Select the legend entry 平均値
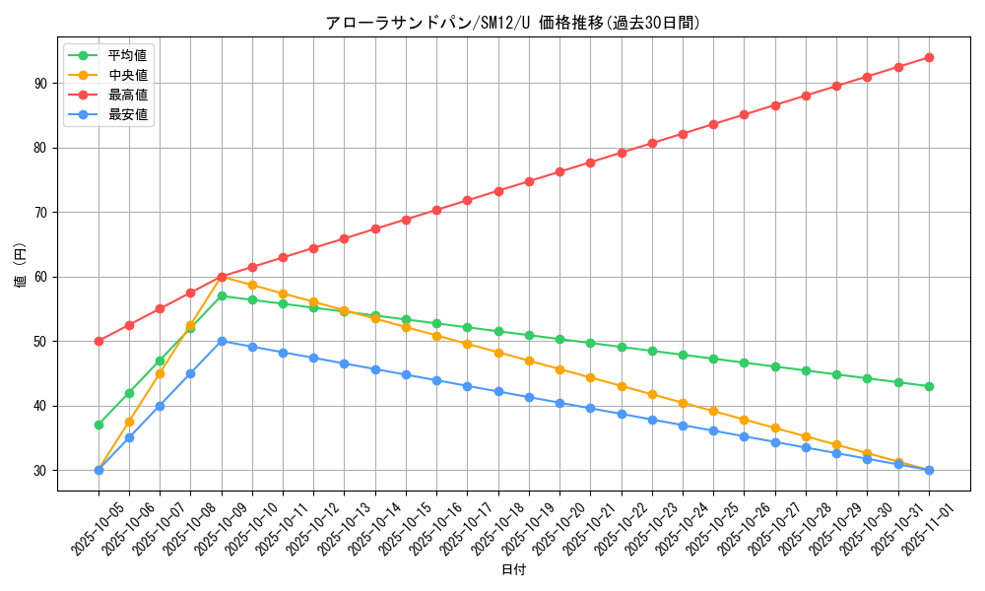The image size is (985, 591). click(127, 55)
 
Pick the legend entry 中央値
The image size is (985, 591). click(127, 75)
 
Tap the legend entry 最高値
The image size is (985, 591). click(127, 95)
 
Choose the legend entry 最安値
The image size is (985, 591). click(127, 114)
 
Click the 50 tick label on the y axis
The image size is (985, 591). click(40, 342)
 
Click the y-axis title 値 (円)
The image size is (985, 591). click(21, 266)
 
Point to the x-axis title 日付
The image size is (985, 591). click(513, 570)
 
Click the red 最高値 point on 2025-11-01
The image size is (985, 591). click(929, 57)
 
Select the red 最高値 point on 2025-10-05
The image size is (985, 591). click(98, 341)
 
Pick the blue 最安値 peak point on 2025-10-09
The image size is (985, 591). click(222, 341)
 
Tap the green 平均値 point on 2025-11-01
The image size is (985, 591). click(929, 386)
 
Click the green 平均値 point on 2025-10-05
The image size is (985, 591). click(98, 425)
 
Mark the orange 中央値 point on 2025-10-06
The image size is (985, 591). click(129, 422)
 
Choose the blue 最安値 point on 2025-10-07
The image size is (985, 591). click(160, 406)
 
